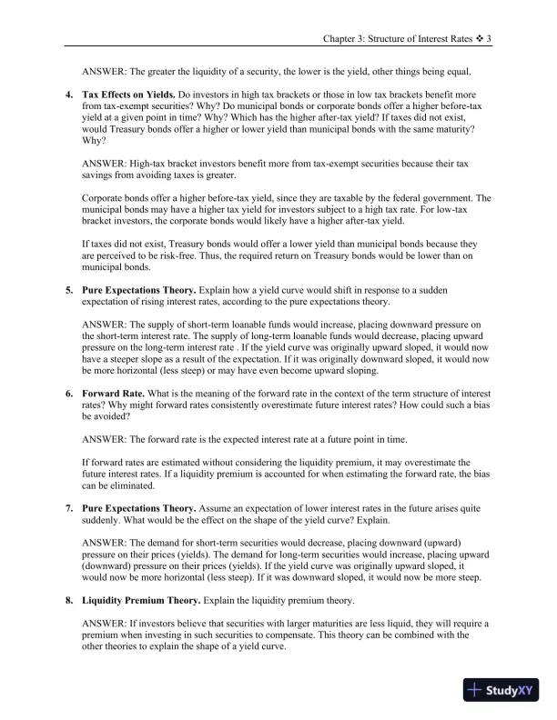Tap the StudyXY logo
[x=501, y=692]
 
